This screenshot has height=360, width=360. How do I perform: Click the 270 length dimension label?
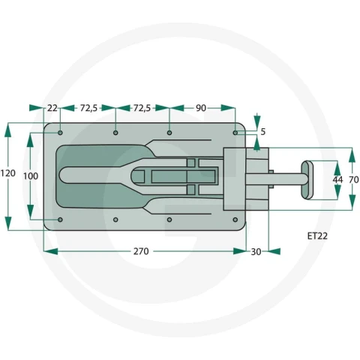tap(141, 251)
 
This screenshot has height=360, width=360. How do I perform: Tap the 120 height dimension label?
tap(8, 173)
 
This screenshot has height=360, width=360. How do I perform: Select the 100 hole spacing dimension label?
tap(31, 176)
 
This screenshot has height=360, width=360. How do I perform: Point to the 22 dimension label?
tap(52, 108)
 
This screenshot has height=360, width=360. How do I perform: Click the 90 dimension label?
tap(201, 108)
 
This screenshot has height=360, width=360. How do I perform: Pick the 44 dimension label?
tap(337, 179)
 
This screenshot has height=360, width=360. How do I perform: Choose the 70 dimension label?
tap(354, 179)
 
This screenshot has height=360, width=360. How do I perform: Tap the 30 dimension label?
tap(256, 252)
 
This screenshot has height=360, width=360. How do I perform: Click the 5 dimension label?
tap(262, 132)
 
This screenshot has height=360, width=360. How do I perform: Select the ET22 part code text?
tap(317, 236)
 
